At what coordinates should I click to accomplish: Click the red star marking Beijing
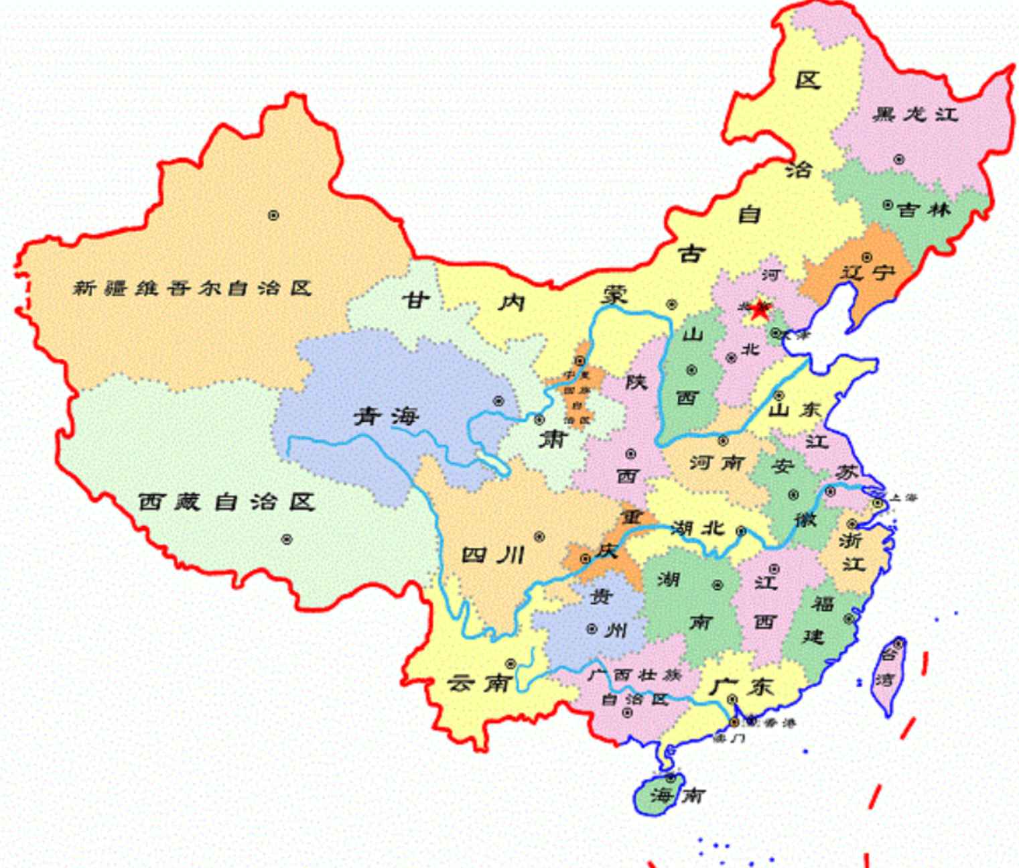point(759,310)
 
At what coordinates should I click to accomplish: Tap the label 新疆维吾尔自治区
point(192,288)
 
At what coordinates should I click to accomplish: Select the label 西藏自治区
point(226,501)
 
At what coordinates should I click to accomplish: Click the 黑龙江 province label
point(915,114)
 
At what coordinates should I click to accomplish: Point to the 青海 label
point(386,417)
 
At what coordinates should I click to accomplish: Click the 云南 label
point(480,683)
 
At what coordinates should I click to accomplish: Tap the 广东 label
point(741,686)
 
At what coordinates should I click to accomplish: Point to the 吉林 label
point(924,210)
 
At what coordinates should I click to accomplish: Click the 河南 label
point(717,462)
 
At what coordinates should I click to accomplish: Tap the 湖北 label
point(698,528)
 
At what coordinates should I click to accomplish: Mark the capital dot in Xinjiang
point(273,215)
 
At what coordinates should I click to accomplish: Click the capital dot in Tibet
point(287,539)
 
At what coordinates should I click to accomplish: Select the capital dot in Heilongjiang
point(899,160)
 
